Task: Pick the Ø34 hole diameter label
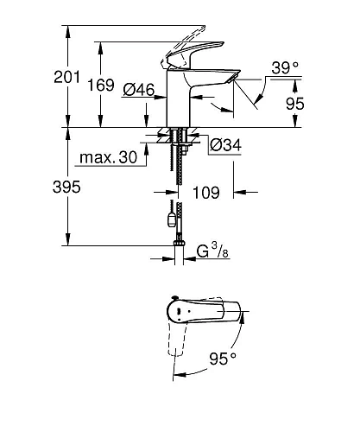(224, 145)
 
